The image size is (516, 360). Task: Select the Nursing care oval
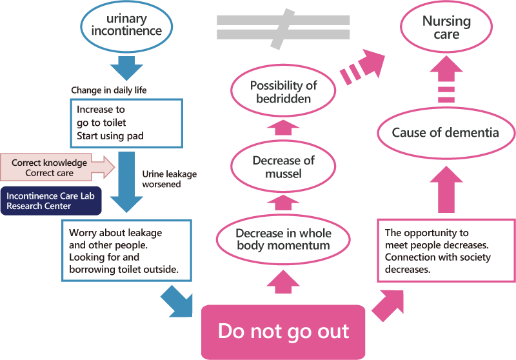(x=446, y=28)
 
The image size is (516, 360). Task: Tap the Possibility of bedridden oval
(x=284, y=92)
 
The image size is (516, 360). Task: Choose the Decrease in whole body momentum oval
(x=284, y=239)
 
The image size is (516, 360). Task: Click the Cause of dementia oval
(x=446, y=133)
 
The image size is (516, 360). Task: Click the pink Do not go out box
(x=283, y=332)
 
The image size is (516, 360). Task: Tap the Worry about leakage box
(x=127, y=250)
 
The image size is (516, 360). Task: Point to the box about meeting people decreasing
(x=445, y=251)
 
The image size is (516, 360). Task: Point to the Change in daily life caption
(x=108, y=90)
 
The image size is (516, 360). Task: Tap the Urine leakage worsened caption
(x=169, y=179)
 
